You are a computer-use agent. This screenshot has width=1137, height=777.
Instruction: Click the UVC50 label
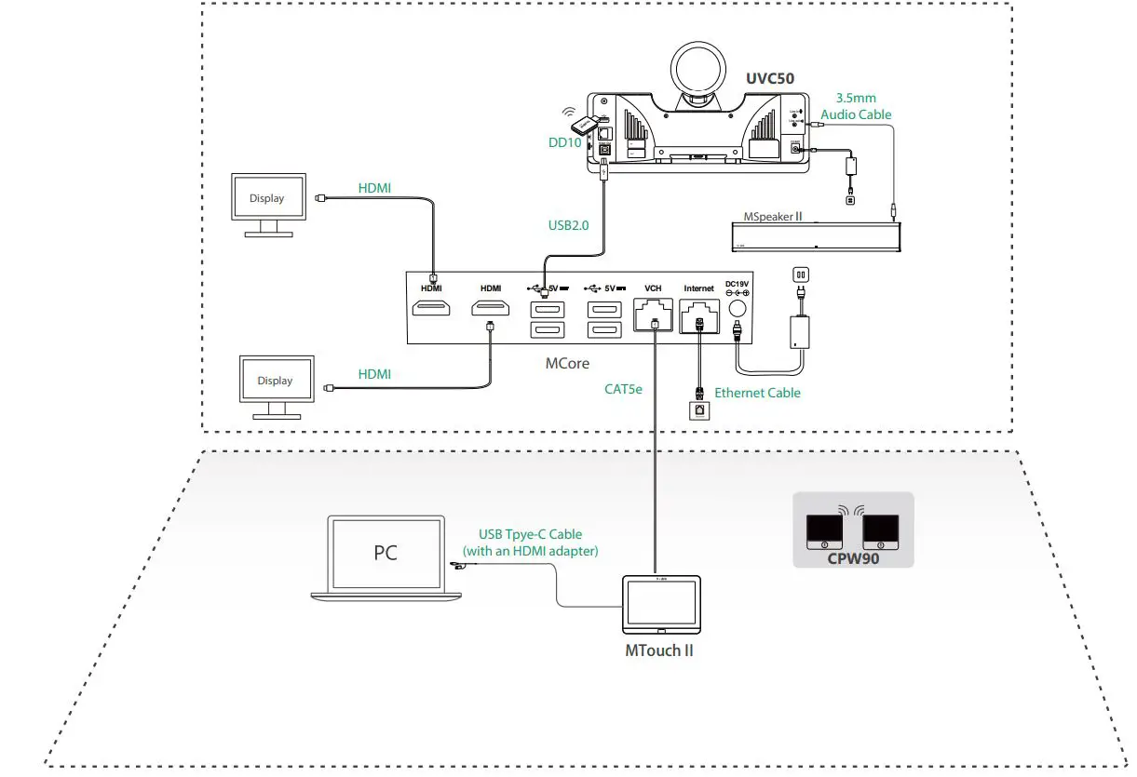[x=769, y=78]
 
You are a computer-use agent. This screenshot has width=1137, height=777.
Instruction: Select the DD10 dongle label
[x=565, y=142]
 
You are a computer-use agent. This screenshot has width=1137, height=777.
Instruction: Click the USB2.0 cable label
[x=569, y=223]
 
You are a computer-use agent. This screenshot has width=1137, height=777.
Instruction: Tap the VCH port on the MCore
[x=654, y=316]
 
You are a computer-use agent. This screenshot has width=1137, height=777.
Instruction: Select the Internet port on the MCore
[x=698, y=317]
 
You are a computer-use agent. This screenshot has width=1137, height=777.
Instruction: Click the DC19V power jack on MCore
[x=738, y=311]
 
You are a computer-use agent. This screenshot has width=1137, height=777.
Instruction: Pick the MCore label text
[x=567, y=363]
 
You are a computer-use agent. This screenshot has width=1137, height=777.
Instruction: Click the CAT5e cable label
[x=623, y=389]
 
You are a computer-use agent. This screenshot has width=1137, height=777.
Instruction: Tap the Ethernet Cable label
[x=757, y=393]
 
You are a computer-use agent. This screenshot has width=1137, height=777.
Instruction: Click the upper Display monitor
[x=267, y=198]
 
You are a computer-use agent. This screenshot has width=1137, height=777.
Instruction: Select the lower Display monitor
[x=275, y=381]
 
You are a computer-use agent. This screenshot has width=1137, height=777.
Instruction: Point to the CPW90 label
[x=852, y=560]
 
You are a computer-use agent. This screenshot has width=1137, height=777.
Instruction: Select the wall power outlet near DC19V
[x=797, y=275]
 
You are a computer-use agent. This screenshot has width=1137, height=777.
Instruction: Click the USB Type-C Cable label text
[x=530, y=534]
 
